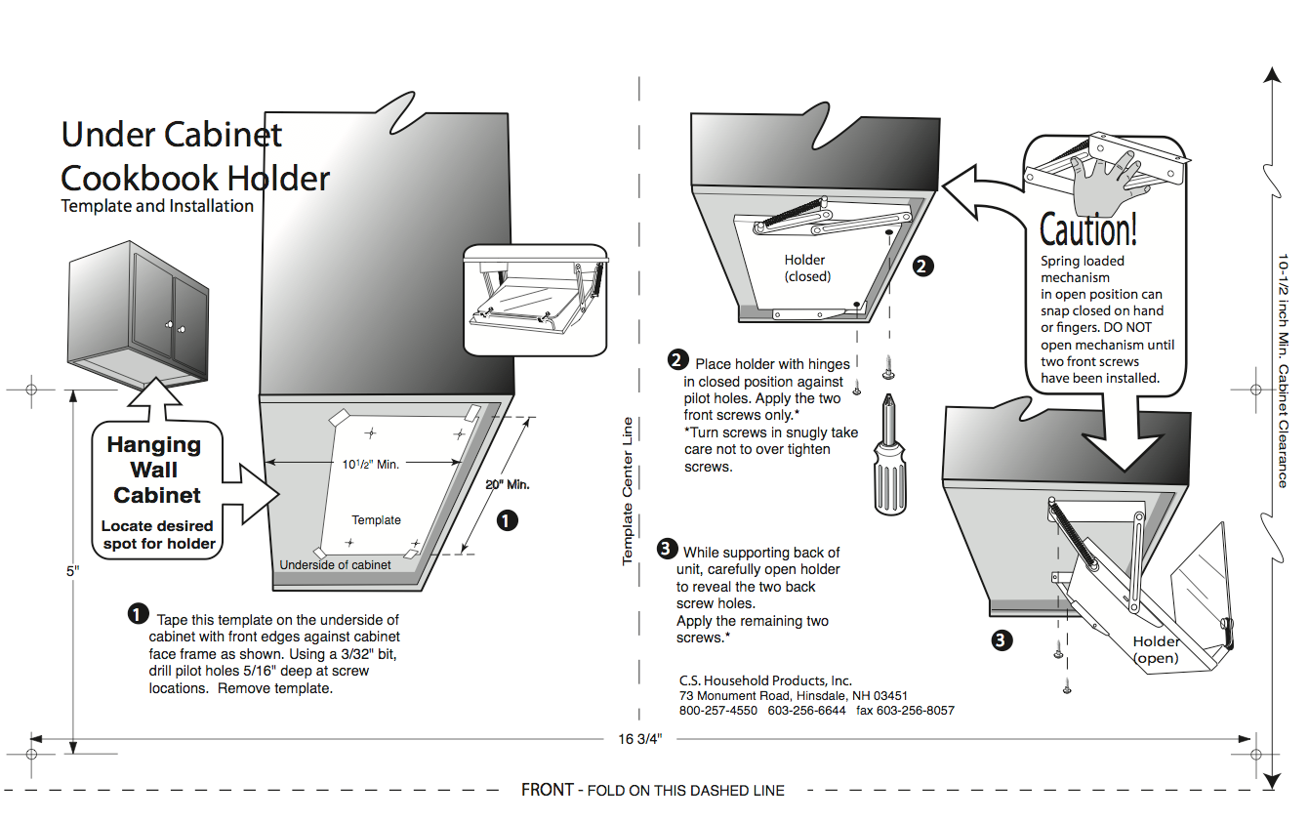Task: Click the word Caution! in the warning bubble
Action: pos(1088,230)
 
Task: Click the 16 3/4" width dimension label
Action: pos(640,739)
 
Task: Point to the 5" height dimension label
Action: pos(71,571)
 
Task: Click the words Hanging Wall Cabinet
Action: pos(154,470)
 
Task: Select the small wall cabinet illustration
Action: pos(138,313)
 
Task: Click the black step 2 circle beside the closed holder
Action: pos(921,266)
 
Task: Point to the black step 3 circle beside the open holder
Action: pos(1002,640)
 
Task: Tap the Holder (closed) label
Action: pos(805,268)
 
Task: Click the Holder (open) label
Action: pos(1156,650)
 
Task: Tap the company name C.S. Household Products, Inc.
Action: pos(765,680)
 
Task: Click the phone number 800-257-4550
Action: pos(718,711)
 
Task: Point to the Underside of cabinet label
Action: pos(335,565)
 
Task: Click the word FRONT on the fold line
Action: pos(547,790)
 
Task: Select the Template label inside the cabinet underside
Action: pos(376,520)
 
